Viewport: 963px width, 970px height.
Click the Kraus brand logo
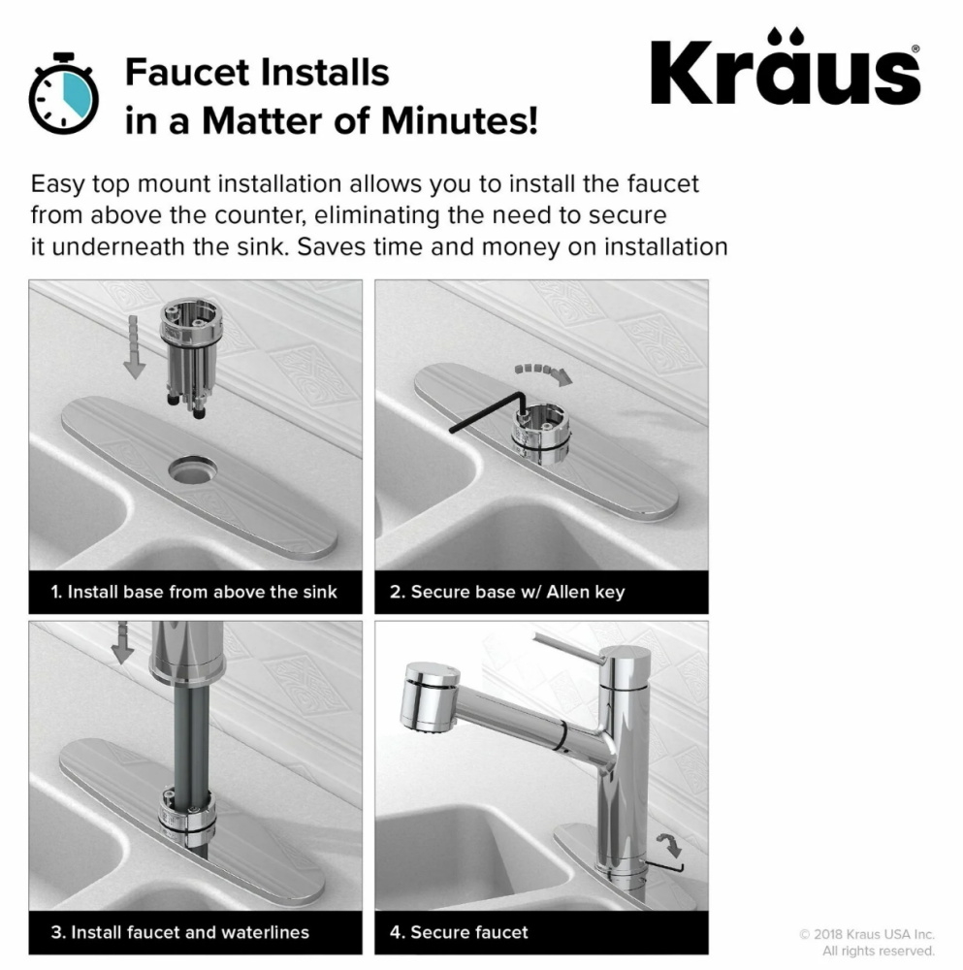[x=786, y=67]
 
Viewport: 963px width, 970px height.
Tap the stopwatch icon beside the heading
[x=64, y=93]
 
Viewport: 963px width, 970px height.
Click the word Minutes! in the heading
[x=460, y=120]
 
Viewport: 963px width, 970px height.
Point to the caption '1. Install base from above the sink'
[x=194, y=592]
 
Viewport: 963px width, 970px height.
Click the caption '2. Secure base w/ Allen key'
[x=507, y=592]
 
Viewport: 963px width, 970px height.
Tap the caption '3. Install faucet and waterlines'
[x=180, y=932]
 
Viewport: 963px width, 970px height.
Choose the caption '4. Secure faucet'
[x=459, y=932]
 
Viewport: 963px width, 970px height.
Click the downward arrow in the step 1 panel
[x=134, y=347]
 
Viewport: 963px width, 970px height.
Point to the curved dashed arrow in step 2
[x=544, y=372]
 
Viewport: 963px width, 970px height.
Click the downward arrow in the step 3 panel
[x=122, y=642]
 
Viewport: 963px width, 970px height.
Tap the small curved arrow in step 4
[x=670, y=845]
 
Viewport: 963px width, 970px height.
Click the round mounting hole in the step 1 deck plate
[x=192, y=470]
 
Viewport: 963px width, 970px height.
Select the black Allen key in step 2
[x=489, y=412]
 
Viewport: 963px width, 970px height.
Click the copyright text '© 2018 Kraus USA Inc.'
[x=867, y=934]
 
